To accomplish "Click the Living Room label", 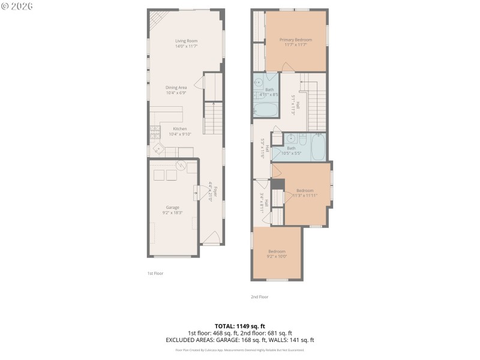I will click(186, 43).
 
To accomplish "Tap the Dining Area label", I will click(176, 90).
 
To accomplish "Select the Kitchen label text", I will click(180, 131).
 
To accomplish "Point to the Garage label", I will click(173, 210).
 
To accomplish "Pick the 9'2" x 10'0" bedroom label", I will click(277, 254).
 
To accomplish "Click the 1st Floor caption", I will click(155, 273).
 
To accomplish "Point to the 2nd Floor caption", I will click(259, 296).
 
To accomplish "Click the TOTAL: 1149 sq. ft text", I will click(240, 326).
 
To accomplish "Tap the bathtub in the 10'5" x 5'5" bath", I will click(318, 146).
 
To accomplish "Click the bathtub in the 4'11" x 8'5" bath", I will click(266, 110).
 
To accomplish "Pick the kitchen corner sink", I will click(158, 148).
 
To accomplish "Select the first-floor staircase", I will click(214, 118).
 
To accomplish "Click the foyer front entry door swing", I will click(210, 240).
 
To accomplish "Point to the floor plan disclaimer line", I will click(240, 350).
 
